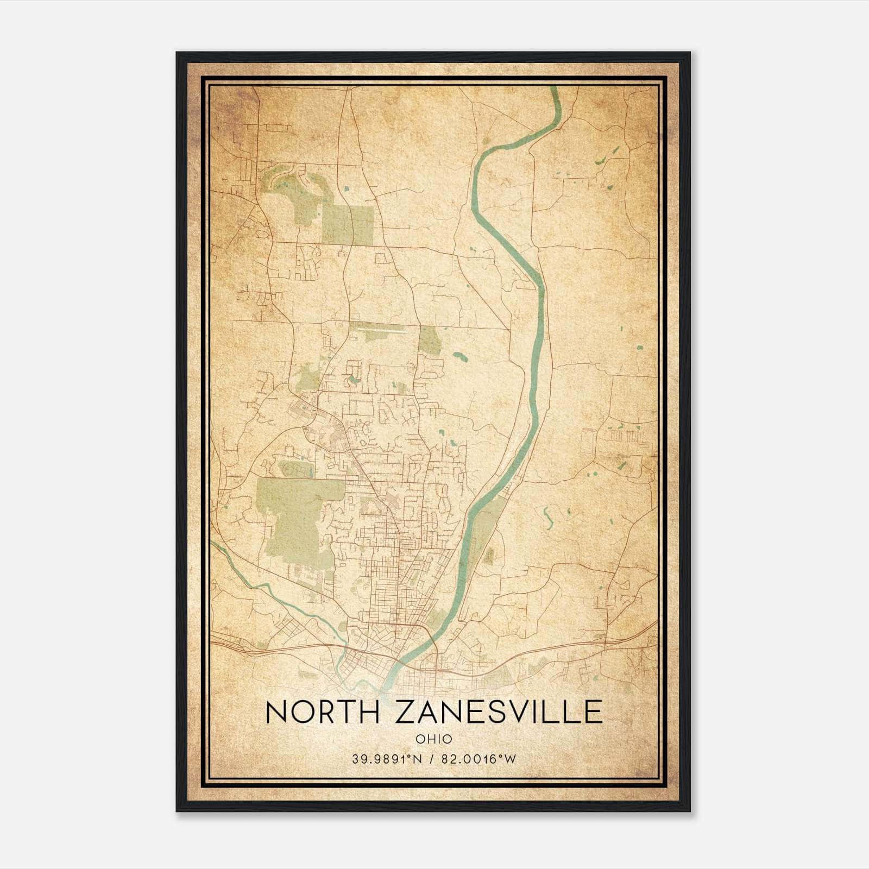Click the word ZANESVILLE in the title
click(499, 712)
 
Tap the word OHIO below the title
click(433, 739)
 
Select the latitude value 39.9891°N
click(387, 759)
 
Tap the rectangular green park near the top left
click(348, 224)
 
